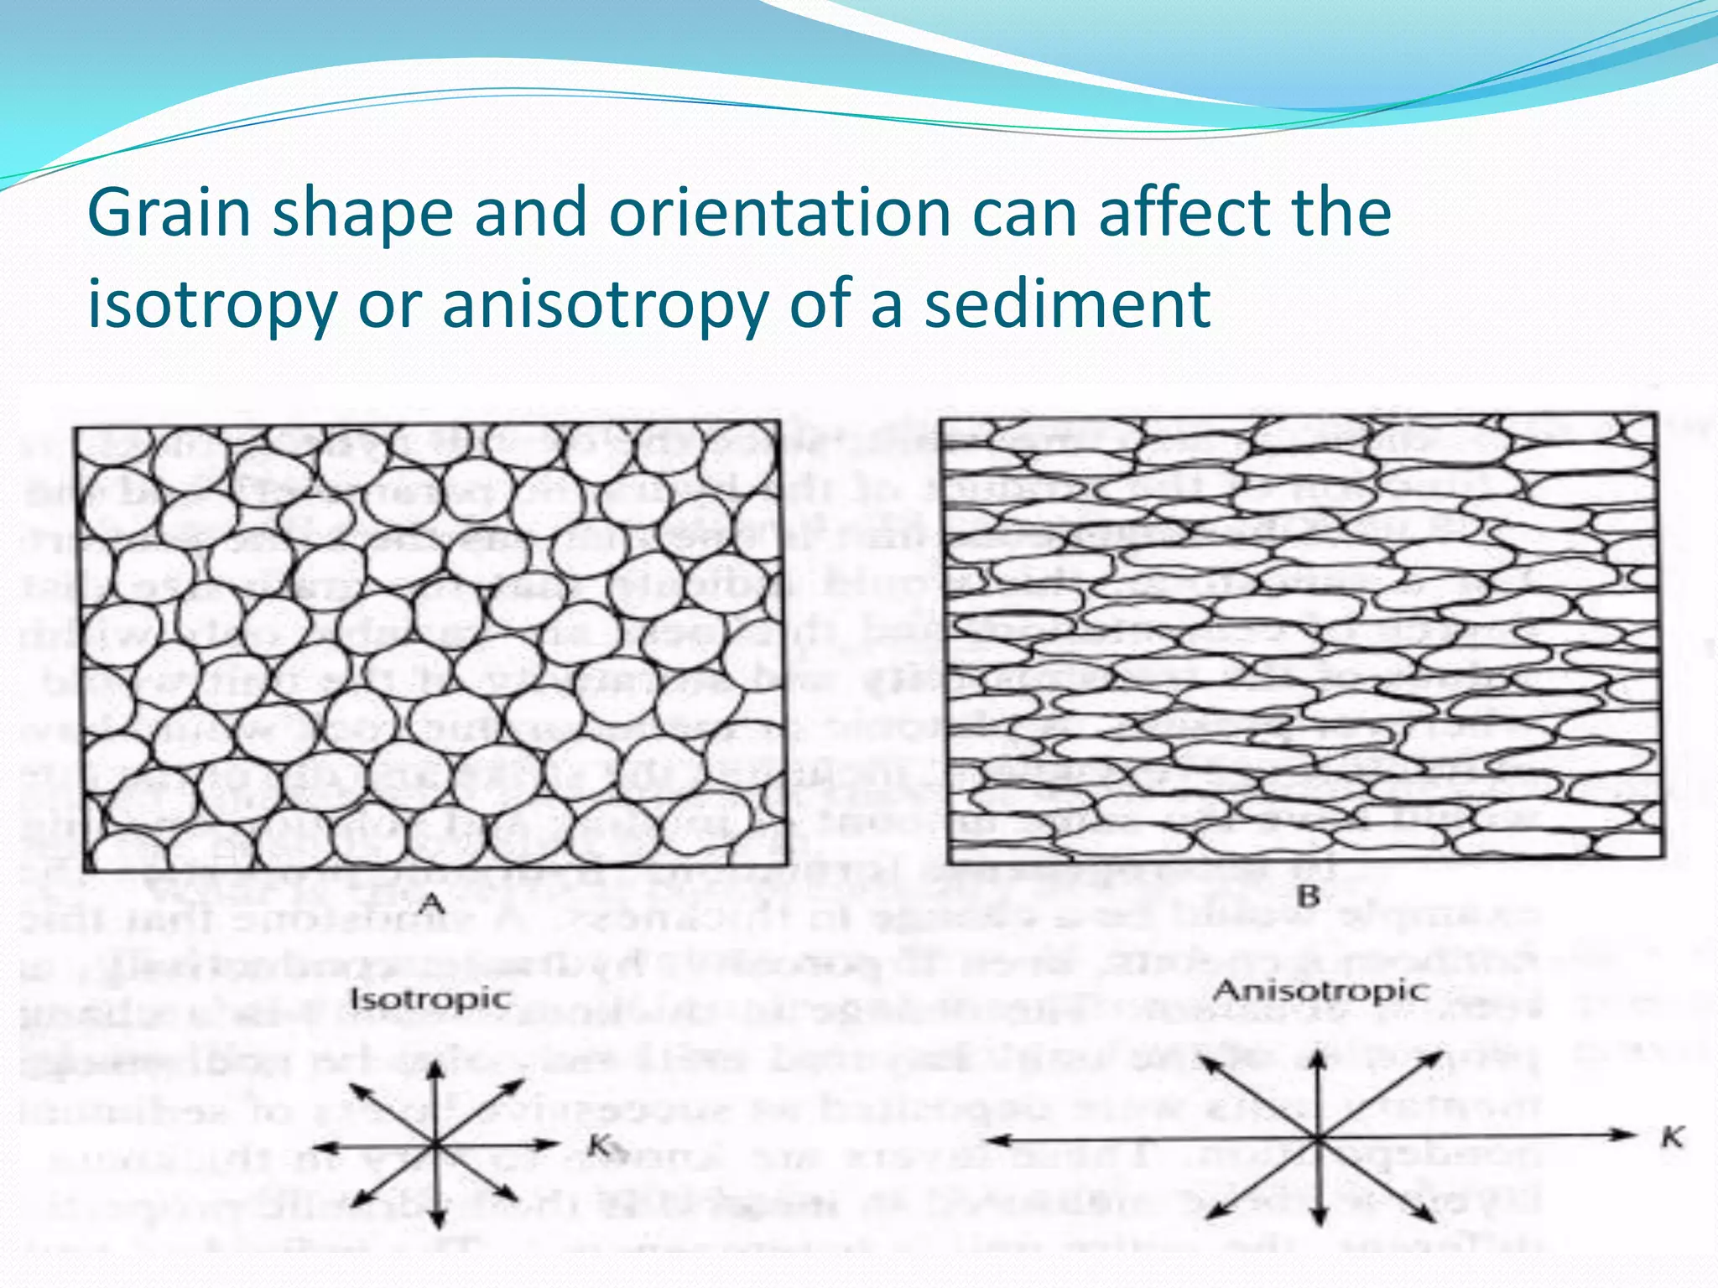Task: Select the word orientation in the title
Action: click(x=780, y=213)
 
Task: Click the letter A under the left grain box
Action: click(x=431, y=903)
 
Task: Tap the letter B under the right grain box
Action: click(x=1309, y=896)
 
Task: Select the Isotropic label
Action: click(x=430, y=999)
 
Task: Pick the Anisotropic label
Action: click(x=1320, y=991)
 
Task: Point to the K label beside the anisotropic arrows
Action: click(x=1672, y=1138)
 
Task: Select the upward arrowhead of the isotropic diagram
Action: click(x=435, y=1068)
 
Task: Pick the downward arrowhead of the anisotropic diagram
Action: click(x=1320, y=1219)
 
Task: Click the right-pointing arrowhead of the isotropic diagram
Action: click(x=550, y=1143)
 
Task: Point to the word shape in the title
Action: click(x=364, y=215)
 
